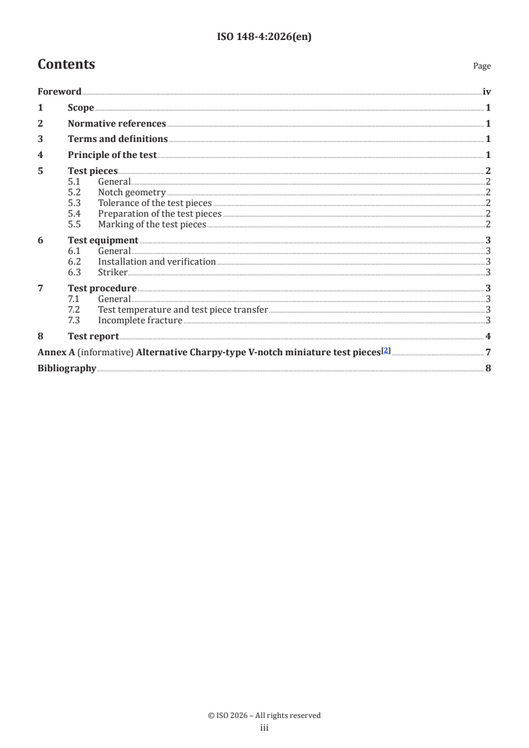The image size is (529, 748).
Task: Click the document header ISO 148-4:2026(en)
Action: (264, 37)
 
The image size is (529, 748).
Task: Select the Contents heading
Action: (66, 65)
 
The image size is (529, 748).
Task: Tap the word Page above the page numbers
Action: (482, 66)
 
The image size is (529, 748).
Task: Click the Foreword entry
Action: (59, 92)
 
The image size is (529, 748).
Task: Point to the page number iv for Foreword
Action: (487, 92)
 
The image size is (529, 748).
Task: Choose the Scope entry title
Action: (81, 108)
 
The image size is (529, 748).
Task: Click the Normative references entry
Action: (117, 123)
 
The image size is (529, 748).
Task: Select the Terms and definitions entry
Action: (117, 139)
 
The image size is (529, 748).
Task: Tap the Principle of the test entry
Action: (112, 155)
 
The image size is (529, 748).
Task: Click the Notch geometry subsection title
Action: (131, 193)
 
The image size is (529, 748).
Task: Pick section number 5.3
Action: (75, 203)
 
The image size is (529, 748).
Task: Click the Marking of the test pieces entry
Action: (151, 225)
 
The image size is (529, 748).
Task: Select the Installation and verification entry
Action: (157, 262)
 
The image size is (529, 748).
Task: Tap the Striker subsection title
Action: (113, 273)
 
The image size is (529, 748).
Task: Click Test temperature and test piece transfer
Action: (183, 310)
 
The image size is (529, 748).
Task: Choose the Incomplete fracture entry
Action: (140, 321)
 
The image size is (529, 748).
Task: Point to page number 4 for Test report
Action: (489, 337)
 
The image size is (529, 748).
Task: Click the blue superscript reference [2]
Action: (385, 351)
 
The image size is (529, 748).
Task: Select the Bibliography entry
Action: (67, 369)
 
